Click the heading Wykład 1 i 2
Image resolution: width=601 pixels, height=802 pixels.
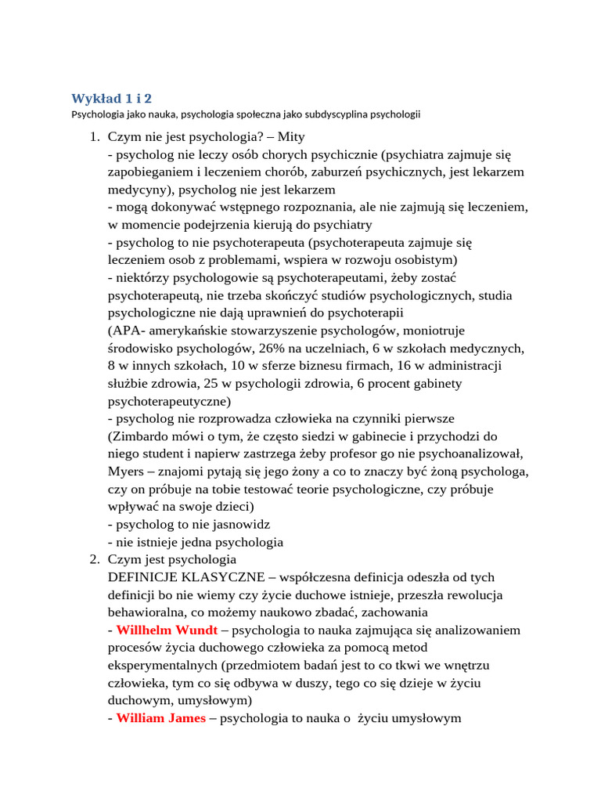tap(111, 98)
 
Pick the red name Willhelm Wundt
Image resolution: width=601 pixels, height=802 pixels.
tap(167, 630)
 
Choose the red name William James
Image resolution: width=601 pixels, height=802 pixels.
tap(161, 717)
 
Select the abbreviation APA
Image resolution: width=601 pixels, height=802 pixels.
tap(125, 331)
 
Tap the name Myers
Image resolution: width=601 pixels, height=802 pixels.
tap(126, 471)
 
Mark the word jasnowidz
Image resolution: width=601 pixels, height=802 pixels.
tap(233, 524)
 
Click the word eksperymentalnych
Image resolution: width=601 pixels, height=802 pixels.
tap(163, 665)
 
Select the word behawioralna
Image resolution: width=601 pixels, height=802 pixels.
tap(147, 612)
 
